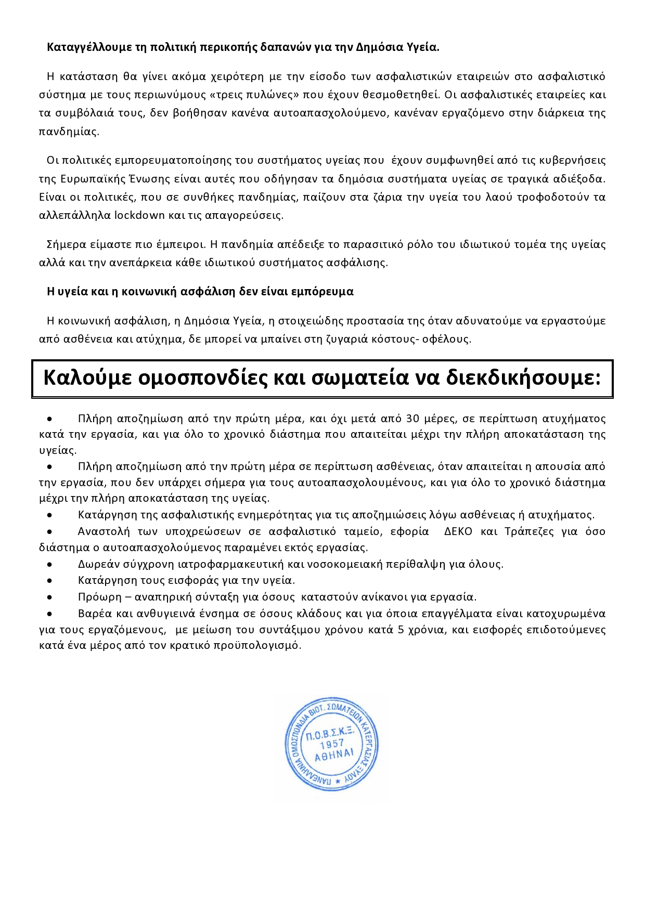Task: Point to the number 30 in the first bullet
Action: (x=412, y=419)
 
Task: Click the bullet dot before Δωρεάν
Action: (x=49, y=564)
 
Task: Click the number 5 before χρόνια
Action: (x=401, y=630)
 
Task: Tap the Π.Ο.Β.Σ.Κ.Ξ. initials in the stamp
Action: (x=330, y=733)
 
